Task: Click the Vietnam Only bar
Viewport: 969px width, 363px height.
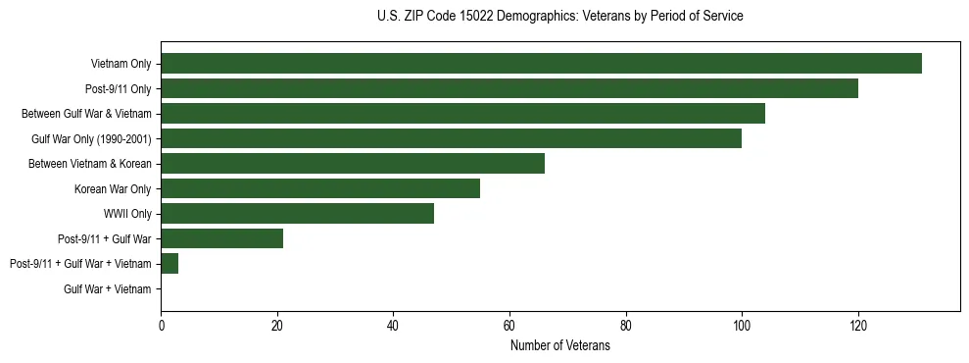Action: click(541, 64)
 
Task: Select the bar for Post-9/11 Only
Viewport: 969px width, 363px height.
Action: click(509, 88)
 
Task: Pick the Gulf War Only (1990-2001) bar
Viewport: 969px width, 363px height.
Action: click(451, 138)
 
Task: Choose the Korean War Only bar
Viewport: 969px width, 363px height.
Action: click(320, 188)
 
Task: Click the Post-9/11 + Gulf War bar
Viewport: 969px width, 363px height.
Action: click(221, 238)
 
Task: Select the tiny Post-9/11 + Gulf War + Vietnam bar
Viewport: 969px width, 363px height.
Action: click(170, 264)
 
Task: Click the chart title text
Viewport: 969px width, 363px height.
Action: click(559, 17)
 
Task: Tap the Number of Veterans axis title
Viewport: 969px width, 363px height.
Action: click(559, 345)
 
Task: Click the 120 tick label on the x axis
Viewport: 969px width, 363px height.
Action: click(858, 325)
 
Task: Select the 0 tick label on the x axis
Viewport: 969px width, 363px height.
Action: click(162, 325)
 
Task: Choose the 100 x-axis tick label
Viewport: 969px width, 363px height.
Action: click(742, 325)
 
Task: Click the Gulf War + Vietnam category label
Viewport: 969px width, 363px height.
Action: click(108, 289)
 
